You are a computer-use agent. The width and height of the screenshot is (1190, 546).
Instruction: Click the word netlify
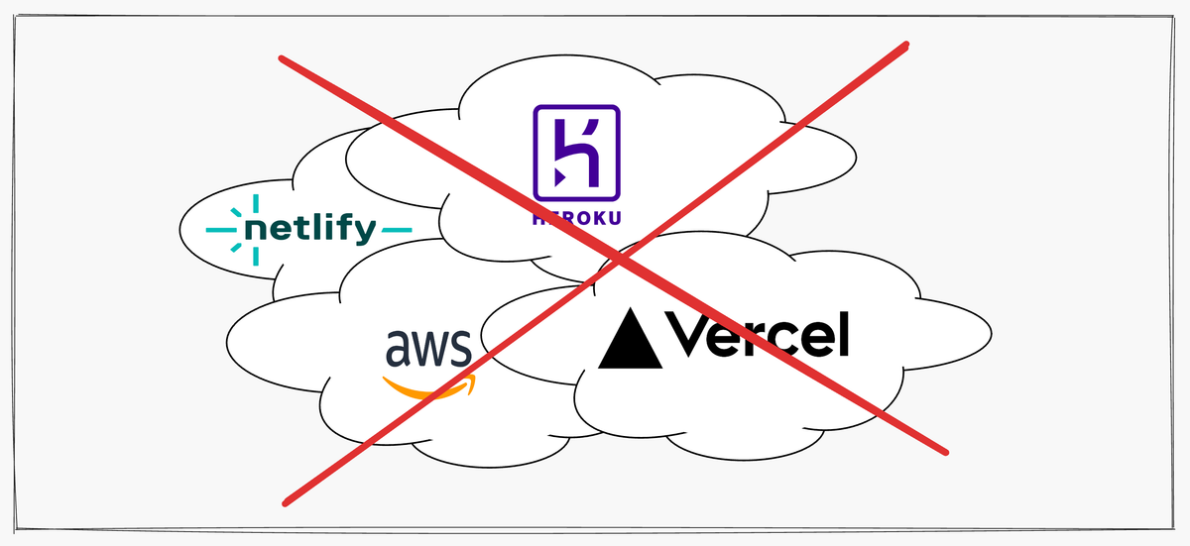(x=310, y=230)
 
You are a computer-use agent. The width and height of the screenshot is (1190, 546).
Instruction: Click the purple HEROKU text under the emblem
(x=576, y=219)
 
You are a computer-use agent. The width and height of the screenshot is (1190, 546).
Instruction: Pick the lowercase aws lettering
(x=428, y=349)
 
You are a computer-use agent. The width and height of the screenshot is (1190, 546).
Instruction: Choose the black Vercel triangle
(x=630, y=339)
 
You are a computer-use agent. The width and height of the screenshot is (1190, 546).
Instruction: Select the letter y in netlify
(x=364, y=234)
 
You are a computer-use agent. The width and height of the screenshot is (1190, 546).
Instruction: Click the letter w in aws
(x=428, y=350)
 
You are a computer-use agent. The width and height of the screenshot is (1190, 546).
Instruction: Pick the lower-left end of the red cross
(x=286, y=502)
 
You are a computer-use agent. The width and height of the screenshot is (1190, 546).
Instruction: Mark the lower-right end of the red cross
(x=947, y=453)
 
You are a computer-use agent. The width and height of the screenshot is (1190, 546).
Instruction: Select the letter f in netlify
(x=342, y=228)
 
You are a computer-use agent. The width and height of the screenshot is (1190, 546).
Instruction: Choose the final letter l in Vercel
(x=844, y=334)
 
